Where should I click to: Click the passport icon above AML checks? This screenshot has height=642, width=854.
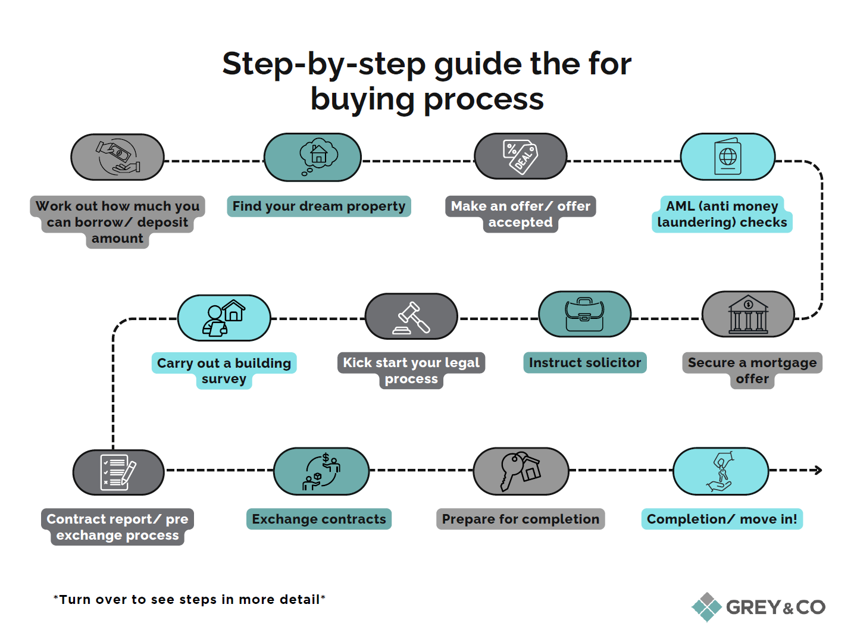click(x=728, y=156)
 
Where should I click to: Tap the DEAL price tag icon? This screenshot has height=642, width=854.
click(x=520, y=156)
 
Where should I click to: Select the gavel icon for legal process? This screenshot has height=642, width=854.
click(x=411, y=317)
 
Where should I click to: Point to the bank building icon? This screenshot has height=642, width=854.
click(x=748, y=314)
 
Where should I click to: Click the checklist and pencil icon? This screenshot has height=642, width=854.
click(x=118, y=472)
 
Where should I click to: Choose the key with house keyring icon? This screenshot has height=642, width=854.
click(x=520, y=471)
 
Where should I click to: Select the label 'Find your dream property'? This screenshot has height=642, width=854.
click(x=318, y=206)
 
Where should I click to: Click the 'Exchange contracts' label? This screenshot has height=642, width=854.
click(x=318, y=519)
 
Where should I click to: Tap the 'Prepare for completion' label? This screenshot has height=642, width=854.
click(x=520, y=519)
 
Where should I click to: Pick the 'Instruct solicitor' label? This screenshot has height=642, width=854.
click(x=584, y=362)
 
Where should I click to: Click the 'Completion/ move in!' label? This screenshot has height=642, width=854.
click(x=722, y=519)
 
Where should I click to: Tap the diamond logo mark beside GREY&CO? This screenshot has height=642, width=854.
click(x=706, y=607)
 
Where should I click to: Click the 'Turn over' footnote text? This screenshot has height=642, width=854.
click(x=189, y=599)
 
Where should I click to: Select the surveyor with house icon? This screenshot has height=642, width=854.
click(x=224, y=318)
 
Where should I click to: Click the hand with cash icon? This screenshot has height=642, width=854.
click(x=118, y=156)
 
